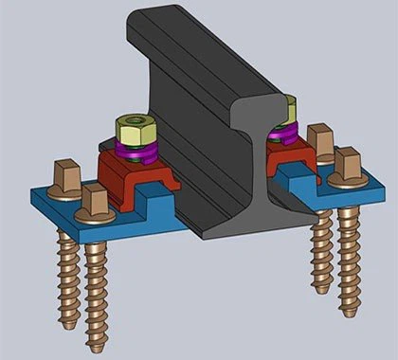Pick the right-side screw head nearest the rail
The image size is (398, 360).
(321, 144)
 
